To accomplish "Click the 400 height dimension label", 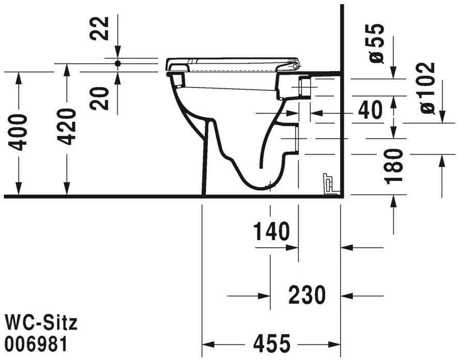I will [19, 132].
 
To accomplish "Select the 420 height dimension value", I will [67, 127].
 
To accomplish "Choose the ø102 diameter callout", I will [427, 88].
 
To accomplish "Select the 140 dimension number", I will [271, 232].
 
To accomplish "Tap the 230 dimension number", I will [307, 295].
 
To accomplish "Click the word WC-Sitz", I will [41, 323].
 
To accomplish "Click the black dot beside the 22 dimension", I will [118, 64].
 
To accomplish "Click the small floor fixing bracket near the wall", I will [328, 184].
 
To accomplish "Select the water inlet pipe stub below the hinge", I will [305, 87].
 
